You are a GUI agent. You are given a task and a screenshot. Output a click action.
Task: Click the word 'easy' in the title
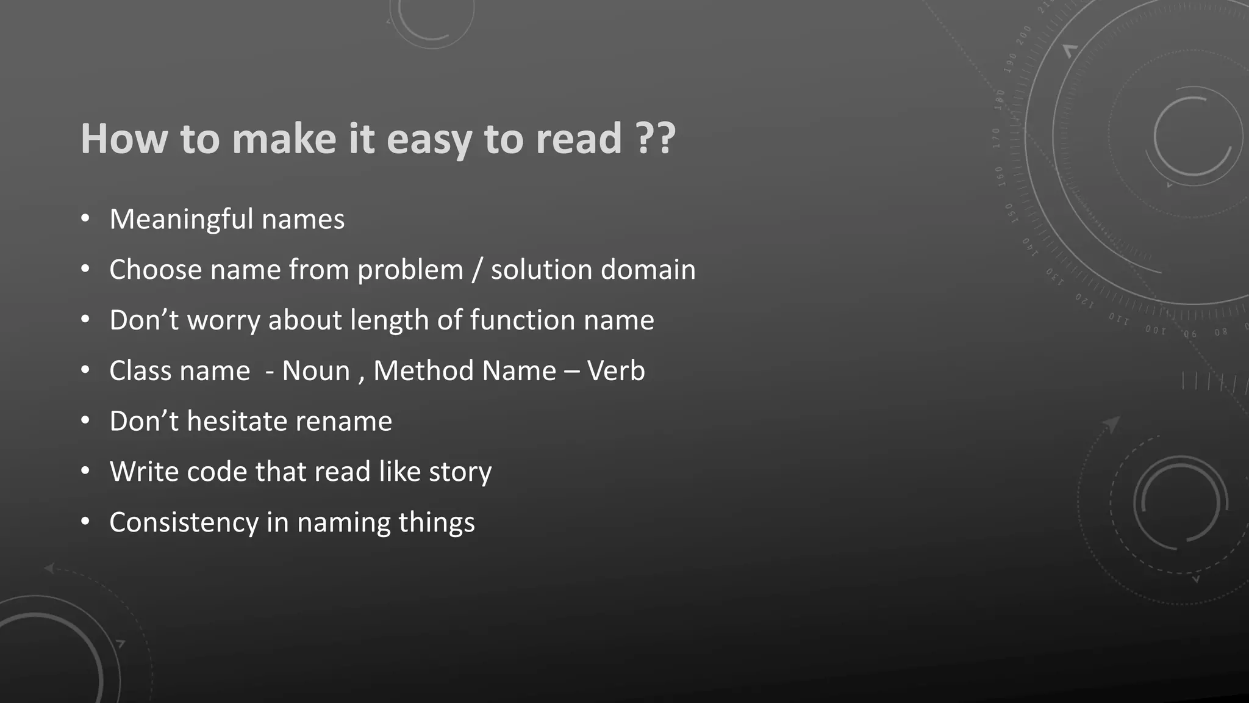tap(429, 140)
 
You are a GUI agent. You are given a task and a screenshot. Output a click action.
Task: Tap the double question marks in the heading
tap(656, 139)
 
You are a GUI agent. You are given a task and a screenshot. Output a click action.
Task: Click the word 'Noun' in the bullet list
tap(316, 371)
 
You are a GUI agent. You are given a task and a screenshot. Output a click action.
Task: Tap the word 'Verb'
tap(616, 371)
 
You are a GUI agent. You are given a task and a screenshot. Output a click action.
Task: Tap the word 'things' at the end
tap(437, 523)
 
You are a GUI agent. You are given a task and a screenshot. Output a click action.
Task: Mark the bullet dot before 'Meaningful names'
tap(85, 218)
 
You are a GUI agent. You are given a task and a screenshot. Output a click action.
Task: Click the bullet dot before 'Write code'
tap(85, 471)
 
